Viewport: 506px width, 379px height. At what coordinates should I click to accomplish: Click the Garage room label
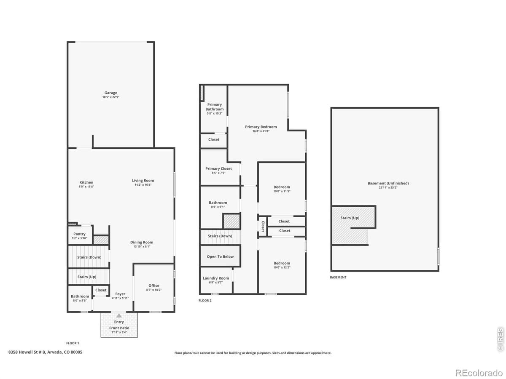tap(111, 93)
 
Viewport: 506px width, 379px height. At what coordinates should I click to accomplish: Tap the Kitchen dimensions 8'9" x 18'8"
tap(86, 187)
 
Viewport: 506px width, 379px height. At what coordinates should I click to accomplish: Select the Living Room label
tap(143, 181)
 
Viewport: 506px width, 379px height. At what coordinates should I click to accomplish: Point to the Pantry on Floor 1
tap(79, 234)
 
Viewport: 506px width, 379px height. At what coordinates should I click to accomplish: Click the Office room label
tap(154, 286)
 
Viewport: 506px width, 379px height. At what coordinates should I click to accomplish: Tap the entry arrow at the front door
tap(119, 315)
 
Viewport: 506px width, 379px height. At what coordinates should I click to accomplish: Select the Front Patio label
tap(119, 328)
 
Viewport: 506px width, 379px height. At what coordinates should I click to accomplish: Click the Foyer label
tap(121, 294)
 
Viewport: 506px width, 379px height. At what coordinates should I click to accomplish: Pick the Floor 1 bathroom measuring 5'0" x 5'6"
tap(80, 296)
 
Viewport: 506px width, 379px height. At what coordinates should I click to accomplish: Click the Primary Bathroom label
tap(214, 107)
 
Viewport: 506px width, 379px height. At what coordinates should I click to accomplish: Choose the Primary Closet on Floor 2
tap(218, 169)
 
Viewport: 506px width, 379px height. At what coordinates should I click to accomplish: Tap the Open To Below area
tap(220, 256)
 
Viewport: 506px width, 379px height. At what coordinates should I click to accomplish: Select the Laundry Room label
tap(216, 278)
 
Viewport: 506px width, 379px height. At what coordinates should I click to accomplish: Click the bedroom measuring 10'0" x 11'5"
tap(282, 187)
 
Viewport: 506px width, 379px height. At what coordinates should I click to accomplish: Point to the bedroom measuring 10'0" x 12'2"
tap(282, 263)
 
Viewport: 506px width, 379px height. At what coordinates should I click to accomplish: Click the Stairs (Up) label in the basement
tap(350, 218)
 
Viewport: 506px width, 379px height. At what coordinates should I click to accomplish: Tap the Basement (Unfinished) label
tap(388, 183)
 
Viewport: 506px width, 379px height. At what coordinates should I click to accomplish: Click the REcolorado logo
tap(479, 372)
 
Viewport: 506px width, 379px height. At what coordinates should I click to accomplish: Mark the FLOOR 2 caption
tap(205, 301)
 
